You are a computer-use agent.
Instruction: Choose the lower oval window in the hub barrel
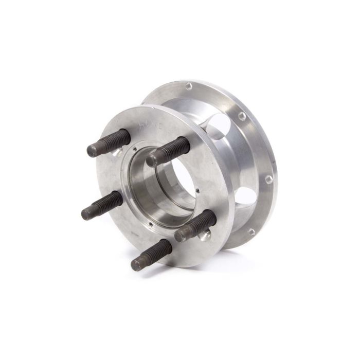coord(248,197)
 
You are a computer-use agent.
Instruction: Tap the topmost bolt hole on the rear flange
coord(189,86)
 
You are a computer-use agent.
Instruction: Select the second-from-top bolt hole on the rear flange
coord(242,117)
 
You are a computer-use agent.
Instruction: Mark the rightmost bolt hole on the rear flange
coord(268,179)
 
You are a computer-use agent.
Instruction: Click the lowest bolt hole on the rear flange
coord(251,231)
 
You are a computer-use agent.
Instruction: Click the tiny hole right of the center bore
coord(197,192)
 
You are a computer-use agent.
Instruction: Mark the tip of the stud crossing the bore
coord(152,160)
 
